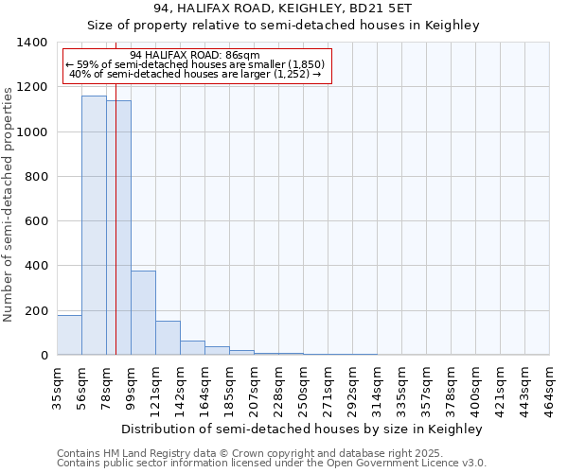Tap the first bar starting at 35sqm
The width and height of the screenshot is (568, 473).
69,335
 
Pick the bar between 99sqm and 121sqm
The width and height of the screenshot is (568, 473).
143,312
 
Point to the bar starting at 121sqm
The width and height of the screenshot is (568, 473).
168,338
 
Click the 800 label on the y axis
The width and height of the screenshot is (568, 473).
36,177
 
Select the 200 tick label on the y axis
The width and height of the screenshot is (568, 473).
36,311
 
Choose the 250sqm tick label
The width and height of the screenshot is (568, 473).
304,385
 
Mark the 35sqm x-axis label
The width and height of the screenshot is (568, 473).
58,385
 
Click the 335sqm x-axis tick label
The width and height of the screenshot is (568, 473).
402,385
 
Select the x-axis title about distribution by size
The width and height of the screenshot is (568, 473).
303,429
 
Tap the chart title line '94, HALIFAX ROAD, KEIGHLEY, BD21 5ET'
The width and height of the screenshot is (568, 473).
283,9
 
